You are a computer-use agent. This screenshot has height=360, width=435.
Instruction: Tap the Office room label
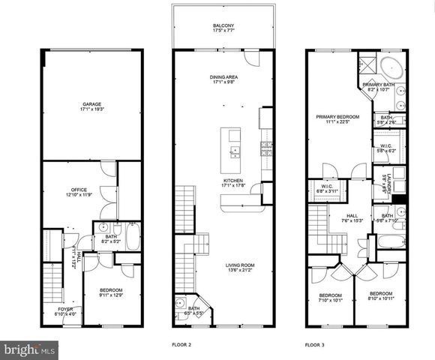pyautogui.click(x=79, y=191)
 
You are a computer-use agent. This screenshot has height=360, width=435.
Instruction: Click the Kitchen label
pyautogui.click(x=232, y=184)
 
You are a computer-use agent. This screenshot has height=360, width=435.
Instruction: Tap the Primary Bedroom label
pyautogui.click(x=337, y=118)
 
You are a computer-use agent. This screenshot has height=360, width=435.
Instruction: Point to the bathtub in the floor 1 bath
pyautogui.click(x=132, y=239)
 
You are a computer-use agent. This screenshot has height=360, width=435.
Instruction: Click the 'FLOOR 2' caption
pyautogui.click(x=182, y=344)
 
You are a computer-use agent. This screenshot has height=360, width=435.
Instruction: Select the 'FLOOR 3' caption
pyautogui.click(x=316, y=344)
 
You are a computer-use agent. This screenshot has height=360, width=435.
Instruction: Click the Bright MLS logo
pyautogui.click(x=30, y=349)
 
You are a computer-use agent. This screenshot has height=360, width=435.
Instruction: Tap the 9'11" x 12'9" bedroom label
pyautogui.click(x=111, y=293)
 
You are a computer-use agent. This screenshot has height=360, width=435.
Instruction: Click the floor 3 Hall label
pyautogui.click(x=353, y=218)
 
